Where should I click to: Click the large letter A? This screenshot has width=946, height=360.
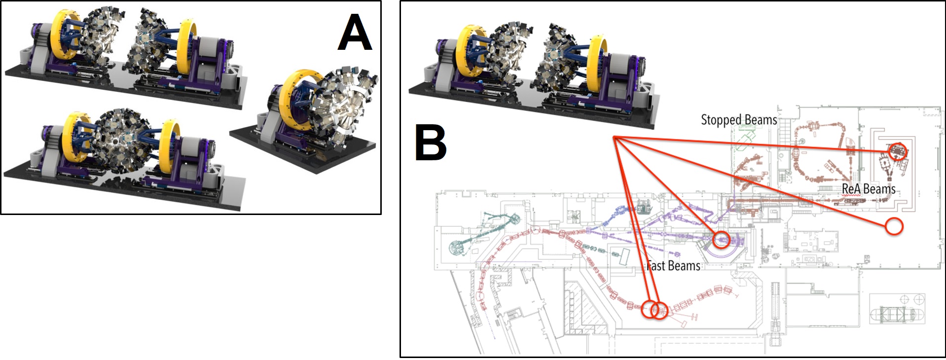pos(355,32)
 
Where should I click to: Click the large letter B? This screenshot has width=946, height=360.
pos(431,143)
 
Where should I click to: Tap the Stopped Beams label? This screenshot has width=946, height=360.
pos(738,120)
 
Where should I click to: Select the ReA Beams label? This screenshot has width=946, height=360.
pos(868,189)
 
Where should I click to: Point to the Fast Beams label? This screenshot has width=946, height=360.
pos(673,266)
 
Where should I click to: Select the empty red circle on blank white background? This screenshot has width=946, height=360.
pos(894,226)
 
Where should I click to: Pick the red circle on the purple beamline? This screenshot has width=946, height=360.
pos(721,240)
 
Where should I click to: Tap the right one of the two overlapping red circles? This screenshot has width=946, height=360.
pos(660,310)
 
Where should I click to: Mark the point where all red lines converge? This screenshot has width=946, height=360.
pos(614,137)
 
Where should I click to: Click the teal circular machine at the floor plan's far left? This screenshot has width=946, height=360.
pos(457,246)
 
